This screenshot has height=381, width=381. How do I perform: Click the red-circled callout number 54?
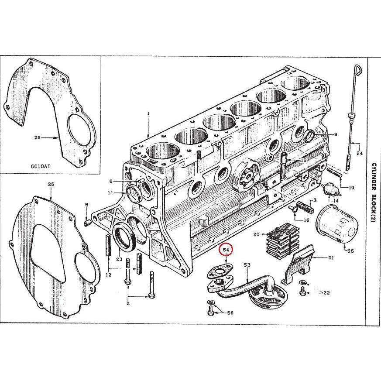pos(226,250)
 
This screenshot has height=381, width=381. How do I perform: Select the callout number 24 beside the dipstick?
pos(360,153)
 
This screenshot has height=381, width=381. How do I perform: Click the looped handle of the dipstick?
pos(358,69)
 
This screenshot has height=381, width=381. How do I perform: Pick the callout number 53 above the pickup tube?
pos(247,265)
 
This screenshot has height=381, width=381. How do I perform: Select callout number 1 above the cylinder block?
pos(148,113)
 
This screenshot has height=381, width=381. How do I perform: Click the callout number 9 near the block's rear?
pos(336,135)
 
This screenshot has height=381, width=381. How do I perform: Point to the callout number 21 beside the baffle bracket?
pos(331,258)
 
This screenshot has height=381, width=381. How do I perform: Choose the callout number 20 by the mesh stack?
pos(256,235)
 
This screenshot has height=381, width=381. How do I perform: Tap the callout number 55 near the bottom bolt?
pos(230,313)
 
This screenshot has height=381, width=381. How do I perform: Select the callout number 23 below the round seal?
pos(119,259)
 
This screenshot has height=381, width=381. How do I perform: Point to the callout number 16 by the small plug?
pos(318,220)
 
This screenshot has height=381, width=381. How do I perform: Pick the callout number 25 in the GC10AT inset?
pos(37,138)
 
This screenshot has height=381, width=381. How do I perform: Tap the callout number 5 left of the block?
pos(86,205)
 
